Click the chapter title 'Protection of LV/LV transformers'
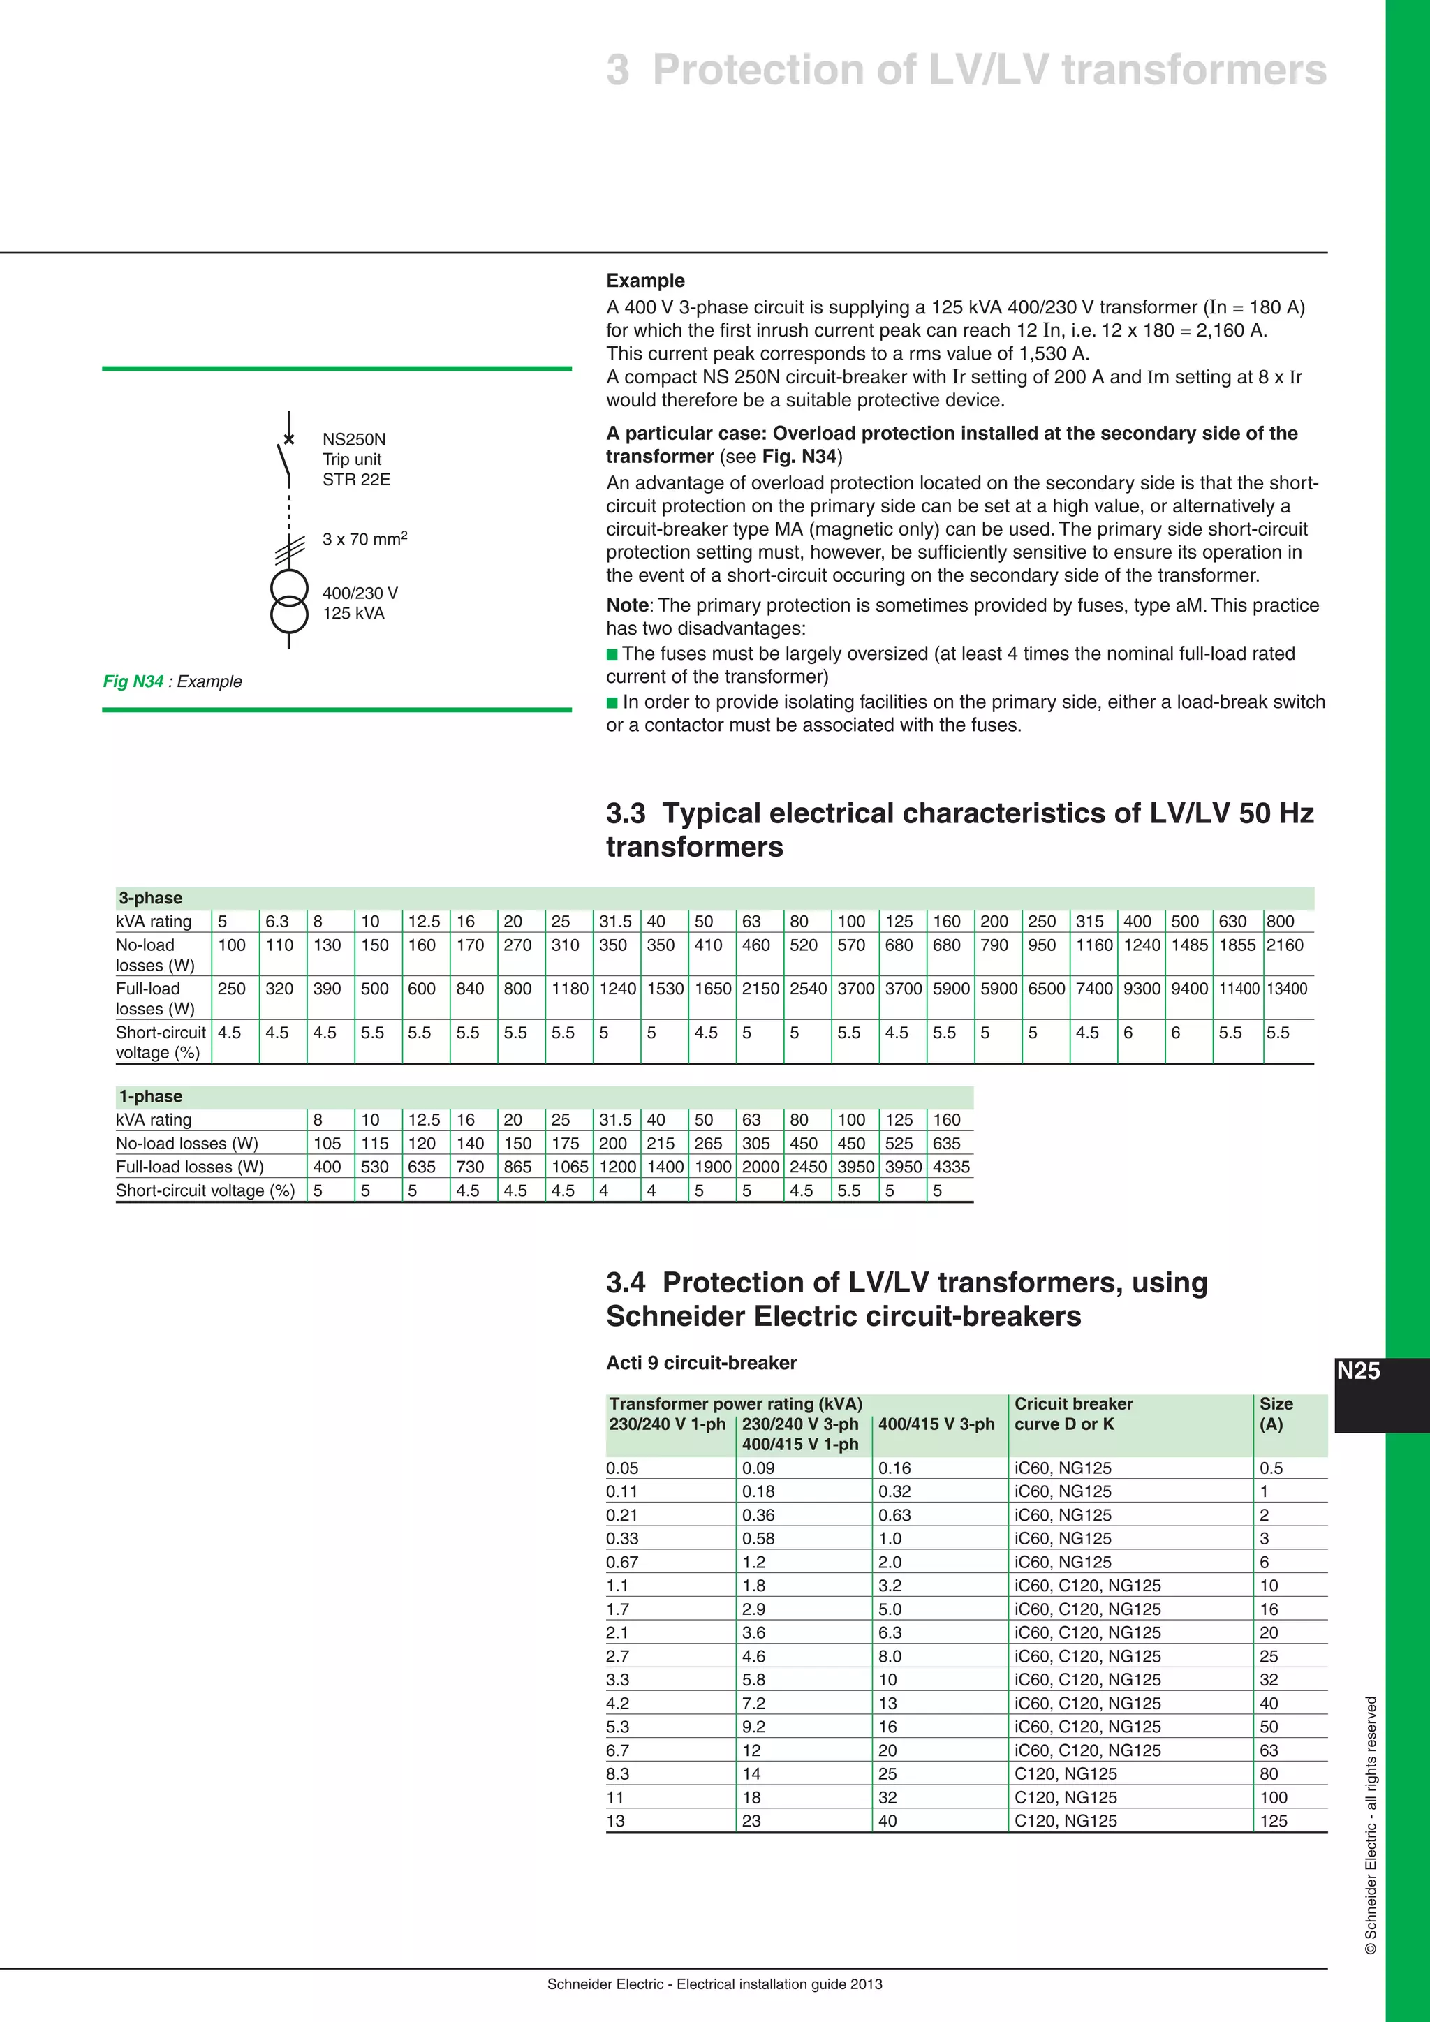pos(988,71)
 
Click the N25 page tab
pos(1358,1371)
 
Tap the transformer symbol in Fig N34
pos(289,601)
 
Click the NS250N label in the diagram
pos(354,439)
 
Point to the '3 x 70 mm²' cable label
pos(364,538)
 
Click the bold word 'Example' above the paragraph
pos(645,281)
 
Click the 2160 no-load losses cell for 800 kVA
pos(1285,945)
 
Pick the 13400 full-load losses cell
pos(1286,989)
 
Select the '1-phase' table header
pos(151,1096)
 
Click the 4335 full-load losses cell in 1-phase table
pos(950,1167)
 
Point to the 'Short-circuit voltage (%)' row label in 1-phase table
pos(205,1190)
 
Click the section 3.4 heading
pos(906,1299)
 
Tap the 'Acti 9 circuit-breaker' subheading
pos(701,1362)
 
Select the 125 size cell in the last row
pos(1274,1821)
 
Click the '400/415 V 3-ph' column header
pos(936,1424)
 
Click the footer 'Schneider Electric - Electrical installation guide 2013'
pos(714,1984)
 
